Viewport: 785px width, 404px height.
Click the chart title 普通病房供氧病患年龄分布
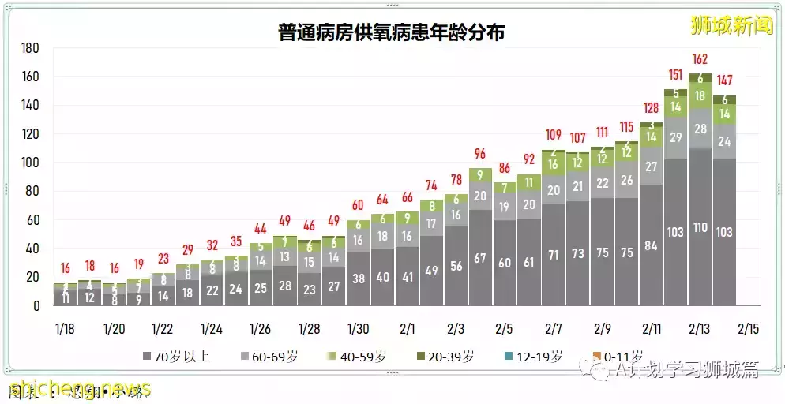[392, 32]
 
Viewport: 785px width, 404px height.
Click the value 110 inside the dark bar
[700, 226]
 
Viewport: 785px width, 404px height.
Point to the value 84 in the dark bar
[651, 245]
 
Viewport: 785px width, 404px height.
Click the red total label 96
[479, 154]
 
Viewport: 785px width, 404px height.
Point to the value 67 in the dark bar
[479, 258]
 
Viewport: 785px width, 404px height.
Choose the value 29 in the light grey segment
[675, 137]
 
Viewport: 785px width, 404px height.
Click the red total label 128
[651, 108]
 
